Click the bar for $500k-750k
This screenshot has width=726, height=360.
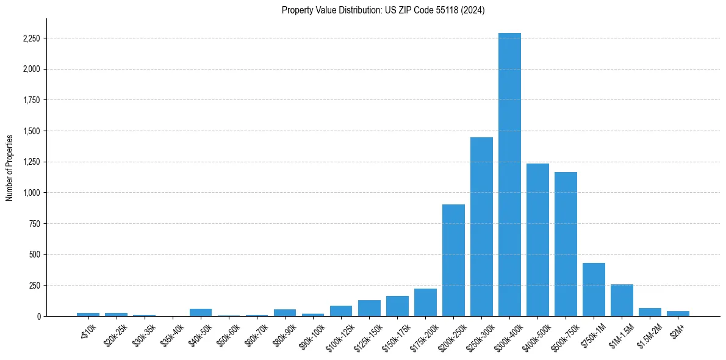coord(566,244)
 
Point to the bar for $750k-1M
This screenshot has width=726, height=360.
coord(594,290)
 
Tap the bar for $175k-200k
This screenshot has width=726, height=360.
coord(425,303)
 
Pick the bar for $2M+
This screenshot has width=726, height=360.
coord(678,314)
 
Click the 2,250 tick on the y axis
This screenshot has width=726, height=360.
coord(31,38)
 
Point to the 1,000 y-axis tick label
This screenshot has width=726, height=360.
coord(31,193)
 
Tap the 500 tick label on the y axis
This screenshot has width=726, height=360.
coord(34,254)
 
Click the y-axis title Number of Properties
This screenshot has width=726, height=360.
coord(9,167)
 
